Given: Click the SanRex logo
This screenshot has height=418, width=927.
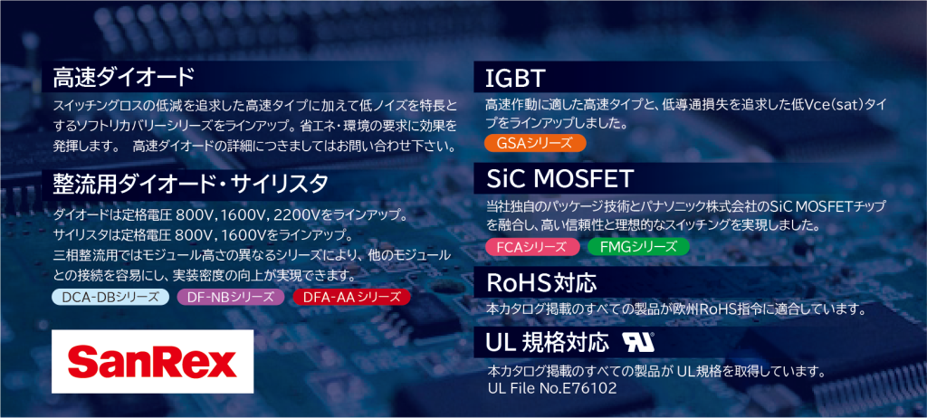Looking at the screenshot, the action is [152, 362].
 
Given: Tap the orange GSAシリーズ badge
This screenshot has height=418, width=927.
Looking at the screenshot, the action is [534, 144].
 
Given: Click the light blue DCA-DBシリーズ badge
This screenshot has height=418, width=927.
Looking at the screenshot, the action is [110, 296].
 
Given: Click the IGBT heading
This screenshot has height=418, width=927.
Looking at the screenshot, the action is [514, 78].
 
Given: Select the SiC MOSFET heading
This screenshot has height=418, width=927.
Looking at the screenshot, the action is [559, 178].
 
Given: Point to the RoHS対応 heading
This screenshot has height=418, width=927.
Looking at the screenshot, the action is [541, 283].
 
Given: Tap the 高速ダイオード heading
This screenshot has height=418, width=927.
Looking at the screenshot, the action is [123, 77].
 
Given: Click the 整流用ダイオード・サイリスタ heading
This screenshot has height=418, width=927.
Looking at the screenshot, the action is [190, 184].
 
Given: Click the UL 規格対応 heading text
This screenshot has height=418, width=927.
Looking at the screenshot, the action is [547, 342].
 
